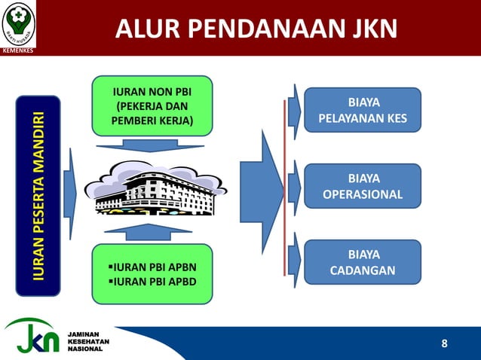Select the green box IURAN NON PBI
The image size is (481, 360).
coord(152,106)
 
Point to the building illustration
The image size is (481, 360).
coord(155,188)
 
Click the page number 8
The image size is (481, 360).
coord(444,344)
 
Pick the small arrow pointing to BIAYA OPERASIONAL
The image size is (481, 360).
coord(294,184)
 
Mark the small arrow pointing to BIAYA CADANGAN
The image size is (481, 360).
coord(294,259)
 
